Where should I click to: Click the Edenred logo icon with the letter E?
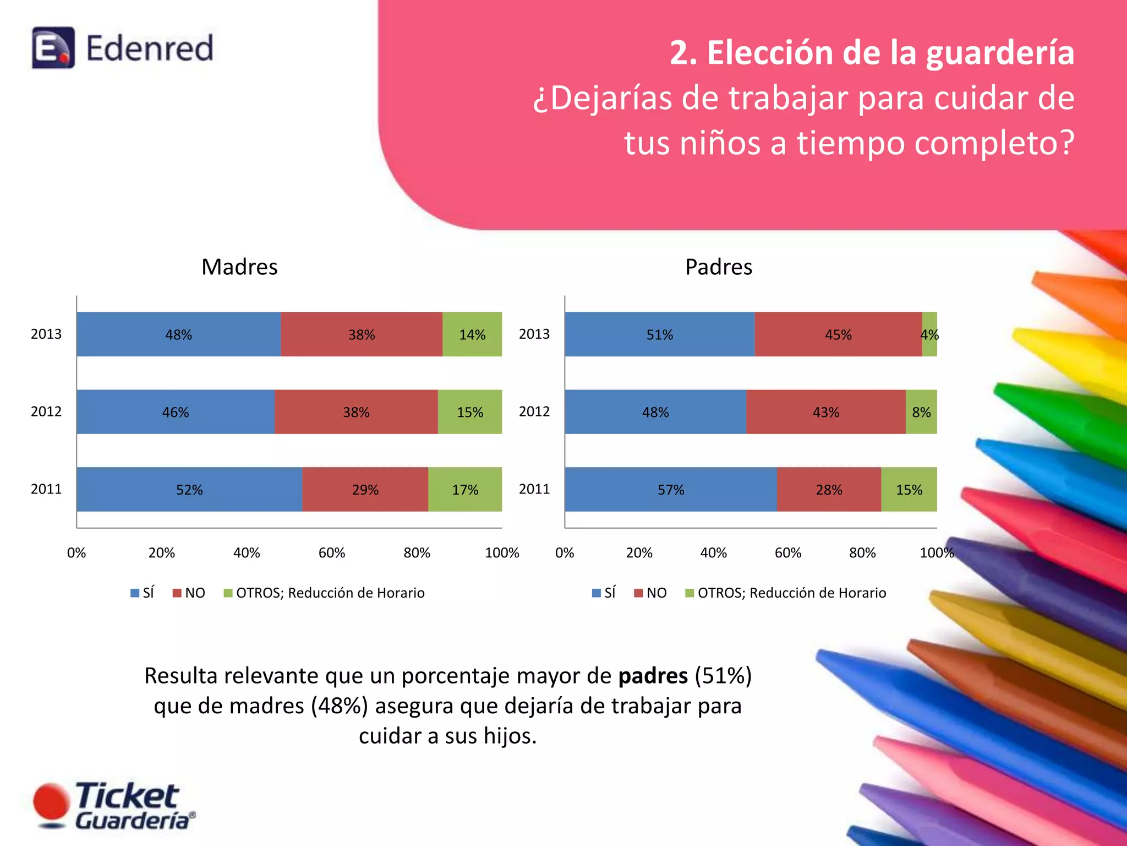(53, 48)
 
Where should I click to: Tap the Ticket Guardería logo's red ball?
(51, 802)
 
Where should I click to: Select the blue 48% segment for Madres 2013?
(179, 334)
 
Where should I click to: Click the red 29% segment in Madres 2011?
(365, 490)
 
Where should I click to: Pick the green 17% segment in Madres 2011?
(465, 490)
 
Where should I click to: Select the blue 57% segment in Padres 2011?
(671, 490)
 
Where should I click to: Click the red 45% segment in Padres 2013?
(838, 334)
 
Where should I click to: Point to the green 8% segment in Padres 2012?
(921, 412)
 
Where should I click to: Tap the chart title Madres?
(239, 267)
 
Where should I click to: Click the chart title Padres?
(718, 267)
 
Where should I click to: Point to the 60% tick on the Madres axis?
(332, 552)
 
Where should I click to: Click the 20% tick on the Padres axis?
(639, 552)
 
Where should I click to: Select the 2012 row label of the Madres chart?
(46, 411)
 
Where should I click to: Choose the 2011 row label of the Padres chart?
(534, 489)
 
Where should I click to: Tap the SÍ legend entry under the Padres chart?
(604, 593)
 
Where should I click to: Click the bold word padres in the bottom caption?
(653, 676)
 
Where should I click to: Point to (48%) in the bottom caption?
(339, 706)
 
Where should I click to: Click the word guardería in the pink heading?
(1000, 53)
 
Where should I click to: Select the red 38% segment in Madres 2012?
(356, 412)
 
